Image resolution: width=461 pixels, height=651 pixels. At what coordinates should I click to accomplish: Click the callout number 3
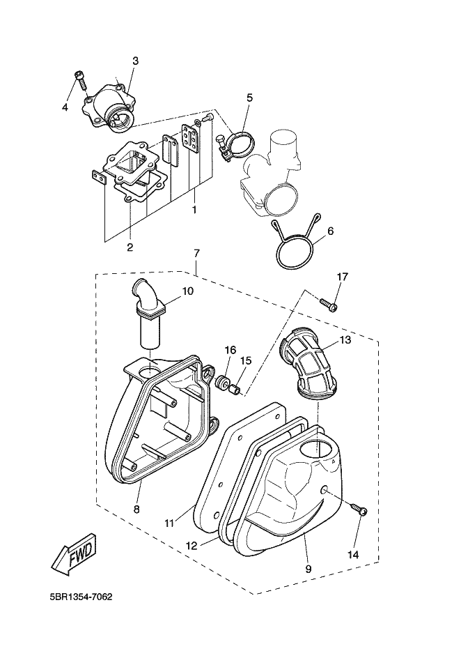pos(135,61)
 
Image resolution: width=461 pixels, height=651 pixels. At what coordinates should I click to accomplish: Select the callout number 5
pos(249,98)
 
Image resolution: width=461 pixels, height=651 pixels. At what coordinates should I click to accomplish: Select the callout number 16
pos(230,350)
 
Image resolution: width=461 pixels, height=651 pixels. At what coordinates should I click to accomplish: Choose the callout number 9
pos(308,568)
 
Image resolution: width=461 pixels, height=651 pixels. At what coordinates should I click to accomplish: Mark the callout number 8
pos(136,509)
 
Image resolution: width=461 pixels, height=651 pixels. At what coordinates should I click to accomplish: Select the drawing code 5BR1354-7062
pos(81,597)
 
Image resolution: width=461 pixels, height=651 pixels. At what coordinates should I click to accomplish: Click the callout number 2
pos(130,246)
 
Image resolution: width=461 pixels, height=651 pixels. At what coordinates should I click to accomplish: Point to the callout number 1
pos(194,208)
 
